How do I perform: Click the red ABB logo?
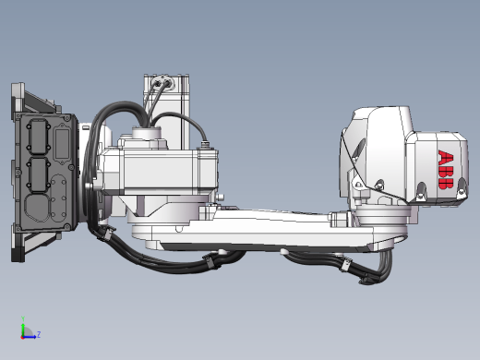[446, 170]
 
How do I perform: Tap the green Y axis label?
[23, 318]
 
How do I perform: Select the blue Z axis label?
[39, 334]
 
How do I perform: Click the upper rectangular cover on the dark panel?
[38, 137]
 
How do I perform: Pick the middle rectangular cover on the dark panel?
[38, 174]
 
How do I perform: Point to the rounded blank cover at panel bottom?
[37, 208]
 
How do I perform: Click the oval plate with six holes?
[58, 198]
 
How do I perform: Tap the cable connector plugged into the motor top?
[204, 144]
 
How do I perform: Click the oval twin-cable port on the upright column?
[162, 83]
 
